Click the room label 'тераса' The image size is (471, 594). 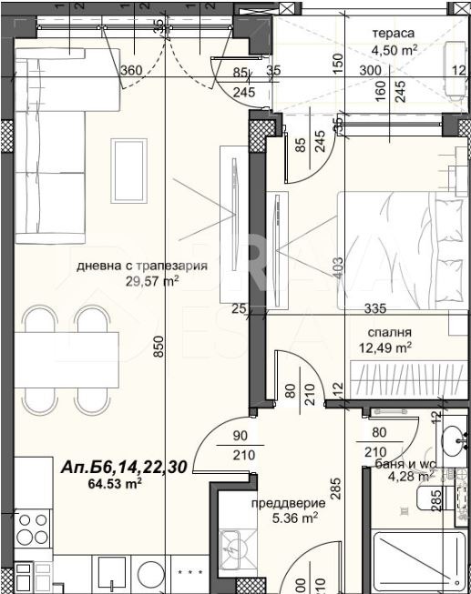[x=393, y=33]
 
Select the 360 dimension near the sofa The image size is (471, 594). [x=132, y=71]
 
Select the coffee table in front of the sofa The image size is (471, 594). [x=127, y=162]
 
